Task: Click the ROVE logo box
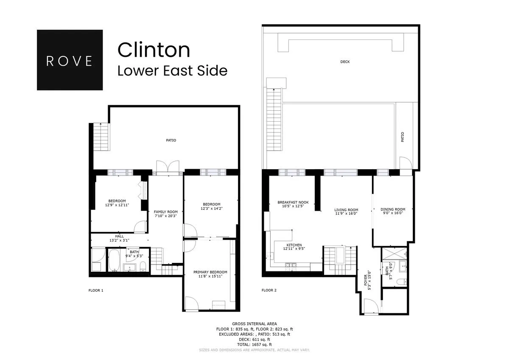pyautogui.click(x=70, y=60)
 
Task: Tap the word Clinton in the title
pyautogui.click(x=154, y=50)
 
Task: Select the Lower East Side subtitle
pyautogui.click(x=172, y=70)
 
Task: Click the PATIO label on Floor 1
pyautogui.click(x=171, y=140)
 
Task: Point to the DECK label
pyautogui.click(x=345, y=62)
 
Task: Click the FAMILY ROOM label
pyautogui.click(x=165, y=212)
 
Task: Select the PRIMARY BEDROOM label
pyautogui.click(x=210, y=272)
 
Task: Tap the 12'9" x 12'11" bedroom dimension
pyautogui.click(x=117, y=205)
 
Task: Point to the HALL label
pyautogui.click(x=119, y=236)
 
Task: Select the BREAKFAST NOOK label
pyautogui.click(x=293, y=202)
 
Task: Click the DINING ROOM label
pyautogui.click(x=393, y=209)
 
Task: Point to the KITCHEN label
pyautogui.click(x=294, y=245)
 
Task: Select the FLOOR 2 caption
pyautogui.click(x=269, y=290)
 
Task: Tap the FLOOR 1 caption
pyautogui.click(x=95, y=290)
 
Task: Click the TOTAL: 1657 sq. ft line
pyautogui.click(x=255, y=345)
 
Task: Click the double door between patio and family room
pyautogui.click(x=168, y=167)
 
